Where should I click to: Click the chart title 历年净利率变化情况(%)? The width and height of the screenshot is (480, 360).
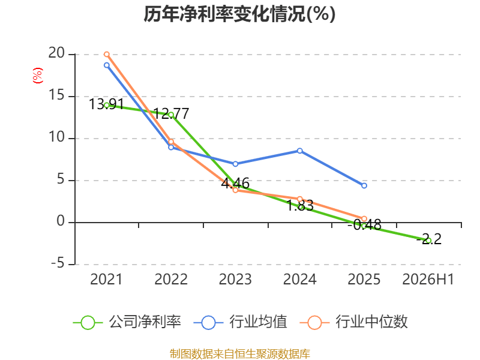239,14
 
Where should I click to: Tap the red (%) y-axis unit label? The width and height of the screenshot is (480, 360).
38,76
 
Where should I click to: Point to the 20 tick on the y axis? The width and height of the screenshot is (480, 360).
56,53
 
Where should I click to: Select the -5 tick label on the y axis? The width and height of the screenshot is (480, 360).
58,263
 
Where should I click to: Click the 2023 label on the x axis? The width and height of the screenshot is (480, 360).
235,279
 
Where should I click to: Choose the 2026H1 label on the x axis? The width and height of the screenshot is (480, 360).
428,279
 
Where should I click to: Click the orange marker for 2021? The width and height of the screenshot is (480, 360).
107,55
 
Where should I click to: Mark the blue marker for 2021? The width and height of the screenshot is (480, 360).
107,65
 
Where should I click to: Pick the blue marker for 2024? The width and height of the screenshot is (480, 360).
299,151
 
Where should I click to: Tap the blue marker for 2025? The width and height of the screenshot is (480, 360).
364,185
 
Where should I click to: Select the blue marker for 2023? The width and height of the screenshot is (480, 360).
235,164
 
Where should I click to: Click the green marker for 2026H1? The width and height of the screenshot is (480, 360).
428,241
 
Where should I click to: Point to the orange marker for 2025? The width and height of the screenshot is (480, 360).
364,218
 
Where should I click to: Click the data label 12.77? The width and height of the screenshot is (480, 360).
171,114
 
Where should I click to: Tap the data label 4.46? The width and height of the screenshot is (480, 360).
235,184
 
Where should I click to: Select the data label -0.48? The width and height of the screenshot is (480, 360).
364,225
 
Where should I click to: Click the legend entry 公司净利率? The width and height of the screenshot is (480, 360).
127,322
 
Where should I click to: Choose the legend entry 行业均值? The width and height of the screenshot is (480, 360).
241,322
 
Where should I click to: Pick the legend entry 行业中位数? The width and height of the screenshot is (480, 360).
354,322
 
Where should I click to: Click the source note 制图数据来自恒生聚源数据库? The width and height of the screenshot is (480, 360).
239,353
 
